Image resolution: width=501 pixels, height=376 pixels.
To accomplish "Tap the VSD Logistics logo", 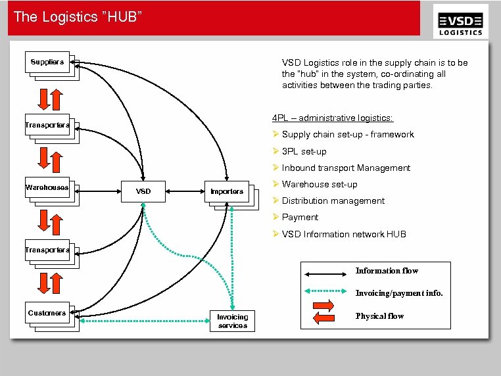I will pyautogui.click(x=461, y=23).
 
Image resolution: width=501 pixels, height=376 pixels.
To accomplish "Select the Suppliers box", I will pyautogui.click(x=47, y=62).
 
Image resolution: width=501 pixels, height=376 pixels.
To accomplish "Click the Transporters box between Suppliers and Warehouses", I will pyautogui.click(x=47, y=125).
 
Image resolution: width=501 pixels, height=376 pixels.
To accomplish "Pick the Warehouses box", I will pyautogui.click(x=47, y=187).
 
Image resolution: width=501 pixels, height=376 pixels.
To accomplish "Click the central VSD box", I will pyautogui.click(x=143, y=191).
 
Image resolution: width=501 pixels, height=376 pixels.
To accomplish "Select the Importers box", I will pyautogui.click(x=226, y=191).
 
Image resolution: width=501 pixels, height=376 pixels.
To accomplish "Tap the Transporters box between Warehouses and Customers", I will pyautogui.click(x=47, y=250).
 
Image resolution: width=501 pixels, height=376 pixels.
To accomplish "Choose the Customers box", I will pyautogui.click(x=47, y=313).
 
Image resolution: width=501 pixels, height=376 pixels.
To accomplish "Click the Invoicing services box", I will pyautogui.click(x=232, y=321).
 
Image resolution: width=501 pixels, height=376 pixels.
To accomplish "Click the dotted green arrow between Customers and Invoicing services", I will pyautogui.click(x=143, y=321).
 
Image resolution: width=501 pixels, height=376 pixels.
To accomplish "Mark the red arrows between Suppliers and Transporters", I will pyautogui.click(x=50, y=98).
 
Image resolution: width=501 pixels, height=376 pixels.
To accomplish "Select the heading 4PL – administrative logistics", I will pyautogui.click(x=333, y=118).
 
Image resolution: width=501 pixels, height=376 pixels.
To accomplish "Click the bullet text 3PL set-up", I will pyautogui.click(x=304, y=151).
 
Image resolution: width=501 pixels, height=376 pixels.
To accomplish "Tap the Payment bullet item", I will pyautogui.click(x=300, y=217).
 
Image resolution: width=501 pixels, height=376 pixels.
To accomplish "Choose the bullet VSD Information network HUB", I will pyautogui.click(x=344, y=234).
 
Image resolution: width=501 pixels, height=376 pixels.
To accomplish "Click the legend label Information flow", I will pyautogui.click(x=387, y=271).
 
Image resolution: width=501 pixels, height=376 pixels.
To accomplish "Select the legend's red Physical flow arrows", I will pyautogui.click(x=324, y=312).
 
